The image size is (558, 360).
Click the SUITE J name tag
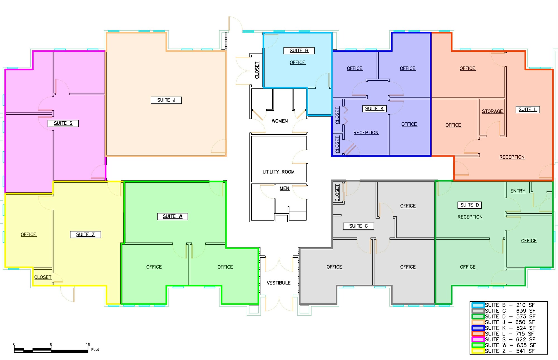[x=166, y=100]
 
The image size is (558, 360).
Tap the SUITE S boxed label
[x=63, y=123]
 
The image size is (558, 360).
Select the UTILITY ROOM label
[x=279, y=172]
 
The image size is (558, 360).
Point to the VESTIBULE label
[x=279, y=283]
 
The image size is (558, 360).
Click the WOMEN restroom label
[x=280, y=121]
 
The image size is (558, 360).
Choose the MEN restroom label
[x=285, y=189]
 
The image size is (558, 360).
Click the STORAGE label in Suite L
[x=492, y=111]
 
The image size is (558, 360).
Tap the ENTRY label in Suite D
[x=518, y=191]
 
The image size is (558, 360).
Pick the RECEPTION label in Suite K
[x=366, y=133]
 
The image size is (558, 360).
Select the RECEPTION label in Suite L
[x=512, y=157]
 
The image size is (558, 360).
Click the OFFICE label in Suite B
[x=297, y=62]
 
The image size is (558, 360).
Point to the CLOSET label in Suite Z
[x=43, y=277]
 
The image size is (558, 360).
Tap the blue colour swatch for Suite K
[x=478, y=328]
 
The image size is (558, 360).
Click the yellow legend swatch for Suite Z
[x=478, y=351]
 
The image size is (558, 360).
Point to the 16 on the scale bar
[x=88, y=344]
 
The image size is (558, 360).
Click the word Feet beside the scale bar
[x=95, y=349]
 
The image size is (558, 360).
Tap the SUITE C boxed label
[x=359, y=226]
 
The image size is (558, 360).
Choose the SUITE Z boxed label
[x=85, y=235]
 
